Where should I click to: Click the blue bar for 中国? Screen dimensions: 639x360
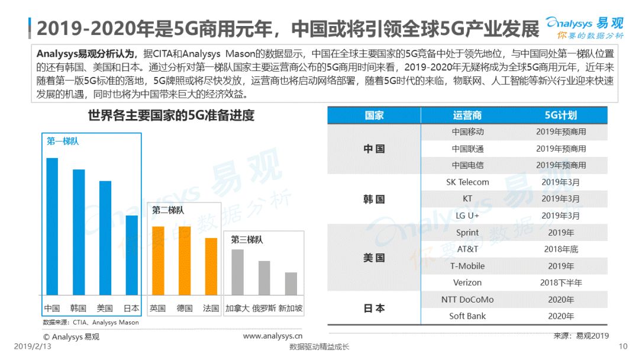pyautogui.click(x=52, y=226)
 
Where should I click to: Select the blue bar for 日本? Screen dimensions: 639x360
pyautogui.click(x=131, y=255)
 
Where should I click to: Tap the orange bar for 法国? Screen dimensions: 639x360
pyautogui.click(x=211, y=266)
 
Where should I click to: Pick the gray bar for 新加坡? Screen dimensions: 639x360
pyautogui.click(x=291, y=284)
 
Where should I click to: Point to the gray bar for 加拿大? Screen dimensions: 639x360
pyautogui.click(x=238, y=272)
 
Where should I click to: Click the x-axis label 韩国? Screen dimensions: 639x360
pyautogui.click(x=78, y=308)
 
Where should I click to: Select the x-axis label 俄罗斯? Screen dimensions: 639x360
pyautogui.click(x=264, y=308)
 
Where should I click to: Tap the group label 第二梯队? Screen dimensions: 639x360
pyautogui.click(x=168, y=210)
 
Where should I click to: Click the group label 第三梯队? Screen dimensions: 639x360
pyautogui.click(x=247, y=240)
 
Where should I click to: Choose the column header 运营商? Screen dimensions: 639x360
pyautogui.click(x=467, y=115)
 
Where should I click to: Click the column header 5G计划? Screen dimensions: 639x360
pyautogui.click(x=561, y=115)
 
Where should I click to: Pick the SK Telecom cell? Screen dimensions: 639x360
pyautogui.click(x=467, y=182)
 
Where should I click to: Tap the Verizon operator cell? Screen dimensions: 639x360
pyautogui.click(x=467, y=282)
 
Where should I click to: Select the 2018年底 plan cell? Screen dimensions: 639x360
pyautogui.click(x=561, y=249)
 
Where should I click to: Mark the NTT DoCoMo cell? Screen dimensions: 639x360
pyautogui.click(x=467, y=300)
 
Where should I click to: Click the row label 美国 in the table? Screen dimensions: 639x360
pyautogui.click(x=374, y=258)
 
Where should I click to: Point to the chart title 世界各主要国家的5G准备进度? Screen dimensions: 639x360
pyautogui.click(x=171, y=115)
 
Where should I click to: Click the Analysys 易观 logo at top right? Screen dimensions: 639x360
pyautogui.click(x=585, y=28)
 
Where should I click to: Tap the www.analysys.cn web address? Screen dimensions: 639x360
pyautogui.click(x=273, y=336)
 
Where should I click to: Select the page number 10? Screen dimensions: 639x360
pyautogui.click(x=623, y=346)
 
